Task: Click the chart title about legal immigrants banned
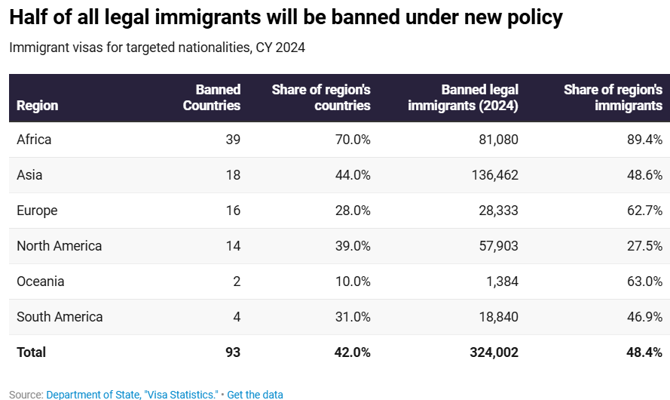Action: pyautogui.click(x=286, y=17)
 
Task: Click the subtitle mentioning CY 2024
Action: pyautogui.click(x=157, y=48)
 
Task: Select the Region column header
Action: pyautogui.click(x=37, y=106)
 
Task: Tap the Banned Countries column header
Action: pyautogui.click(x=212, y=98)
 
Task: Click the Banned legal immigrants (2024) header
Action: pyautogui.click(x=463, y=98)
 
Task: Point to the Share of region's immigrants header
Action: pyautogui.click(x=613, y=98)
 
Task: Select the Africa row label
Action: pyautogui.click(x=34, y=140)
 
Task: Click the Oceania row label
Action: pyautogui.click(x=40, y=282)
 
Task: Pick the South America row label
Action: pyautogui.click(x=60, y=317)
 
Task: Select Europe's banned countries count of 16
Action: pyautogui.click(x=233, y=211)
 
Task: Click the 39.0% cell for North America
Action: pyautogui.click(x=353, y=246)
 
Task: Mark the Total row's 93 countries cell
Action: pyautogui.click(x=232, y=352)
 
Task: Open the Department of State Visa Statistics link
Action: pyautogui.click(x=132, y=395)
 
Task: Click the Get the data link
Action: pyautogui.click(x=255, y=395)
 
